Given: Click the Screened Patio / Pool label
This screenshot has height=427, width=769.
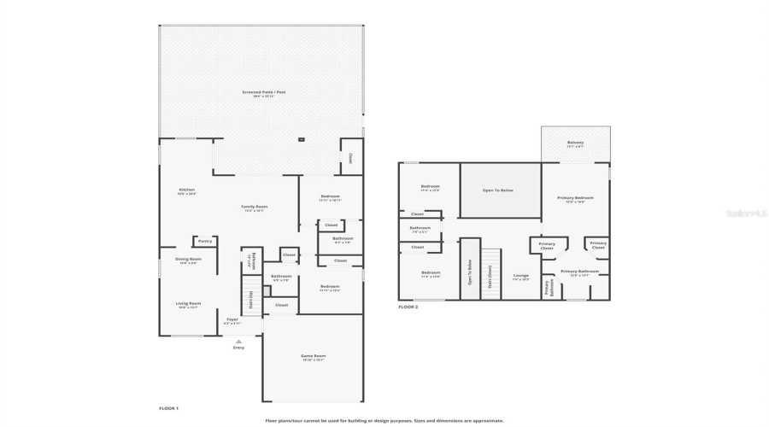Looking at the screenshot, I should point(263,91).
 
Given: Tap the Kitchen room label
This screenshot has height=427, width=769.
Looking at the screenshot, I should point(186,190).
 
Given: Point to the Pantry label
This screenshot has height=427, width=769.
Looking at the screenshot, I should point(205,241).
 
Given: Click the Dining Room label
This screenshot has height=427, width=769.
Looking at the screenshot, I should point(188,259).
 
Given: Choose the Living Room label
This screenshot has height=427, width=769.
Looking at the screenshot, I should point(188,303).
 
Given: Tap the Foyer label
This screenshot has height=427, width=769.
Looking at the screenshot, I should point(232,319).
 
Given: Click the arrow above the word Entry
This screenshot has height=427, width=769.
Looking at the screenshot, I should point(238,341).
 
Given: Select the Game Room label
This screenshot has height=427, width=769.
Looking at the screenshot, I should point(313,356).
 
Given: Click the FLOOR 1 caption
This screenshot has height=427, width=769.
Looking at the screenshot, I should point(168,408).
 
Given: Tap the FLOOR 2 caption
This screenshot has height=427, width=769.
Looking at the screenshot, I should point(408,307).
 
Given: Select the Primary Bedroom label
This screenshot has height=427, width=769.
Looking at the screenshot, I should point(575,198).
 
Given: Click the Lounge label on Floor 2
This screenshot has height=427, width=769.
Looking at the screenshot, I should point(520,276).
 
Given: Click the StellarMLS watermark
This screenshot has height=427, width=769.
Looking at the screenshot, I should point(746,213).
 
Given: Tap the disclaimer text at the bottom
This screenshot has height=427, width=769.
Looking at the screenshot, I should point(384,420).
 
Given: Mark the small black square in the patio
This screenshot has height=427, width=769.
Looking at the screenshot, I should point(301,138).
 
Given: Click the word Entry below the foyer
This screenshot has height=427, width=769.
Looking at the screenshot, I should point(238,348).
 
